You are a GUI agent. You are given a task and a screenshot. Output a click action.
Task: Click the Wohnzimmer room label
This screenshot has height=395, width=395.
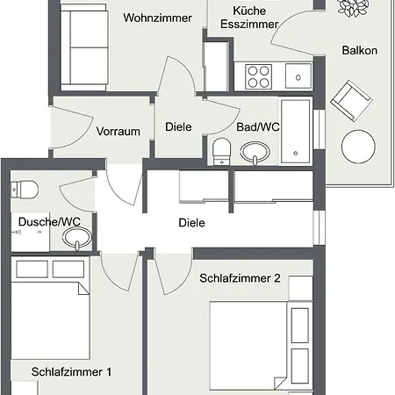pos(157,18)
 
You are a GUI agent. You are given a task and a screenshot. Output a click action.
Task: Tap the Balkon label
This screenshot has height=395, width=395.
pos(360,50)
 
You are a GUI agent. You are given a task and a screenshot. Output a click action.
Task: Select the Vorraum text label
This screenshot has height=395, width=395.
pos(118,132)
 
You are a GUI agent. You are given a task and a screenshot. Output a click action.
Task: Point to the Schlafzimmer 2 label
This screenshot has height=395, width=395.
pos(240,278)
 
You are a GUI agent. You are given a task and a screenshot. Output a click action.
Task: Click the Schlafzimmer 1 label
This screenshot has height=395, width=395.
pos(71,372)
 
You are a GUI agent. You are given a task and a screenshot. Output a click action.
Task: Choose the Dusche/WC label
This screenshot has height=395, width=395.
pos(49,222)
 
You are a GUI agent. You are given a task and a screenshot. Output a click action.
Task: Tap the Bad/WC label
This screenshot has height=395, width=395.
pos(258,127)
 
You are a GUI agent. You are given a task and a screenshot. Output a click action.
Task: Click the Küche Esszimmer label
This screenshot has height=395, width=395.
pos(249,18)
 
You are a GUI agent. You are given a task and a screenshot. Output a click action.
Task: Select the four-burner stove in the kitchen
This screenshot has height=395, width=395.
pos(258,76)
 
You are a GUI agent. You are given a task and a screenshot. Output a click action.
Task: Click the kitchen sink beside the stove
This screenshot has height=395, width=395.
pos(298,75)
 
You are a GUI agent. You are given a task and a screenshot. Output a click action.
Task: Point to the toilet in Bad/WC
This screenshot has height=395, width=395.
pos(222,152)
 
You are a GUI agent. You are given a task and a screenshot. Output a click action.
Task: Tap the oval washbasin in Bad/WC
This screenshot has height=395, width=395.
pos(255,152)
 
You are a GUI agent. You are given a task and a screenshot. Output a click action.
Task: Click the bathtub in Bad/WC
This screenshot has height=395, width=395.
pos(295,132)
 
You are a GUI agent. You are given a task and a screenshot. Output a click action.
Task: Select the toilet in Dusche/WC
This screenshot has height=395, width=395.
pos(25,190)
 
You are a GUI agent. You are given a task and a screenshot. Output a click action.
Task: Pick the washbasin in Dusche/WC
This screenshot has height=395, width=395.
pos(77,238)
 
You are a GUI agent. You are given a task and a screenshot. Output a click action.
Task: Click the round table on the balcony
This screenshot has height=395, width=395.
pos(358,147)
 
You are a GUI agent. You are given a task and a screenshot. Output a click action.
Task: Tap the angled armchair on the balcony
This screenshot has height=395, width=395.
pos(351,101)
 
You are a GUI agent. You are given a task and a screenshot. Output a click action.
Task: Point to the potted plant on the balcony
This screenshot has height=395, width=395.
pos(353,7)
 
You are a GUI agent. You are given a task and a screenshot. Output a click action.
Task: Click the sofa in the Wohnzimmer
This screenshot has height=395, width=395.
pos(84,47)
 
